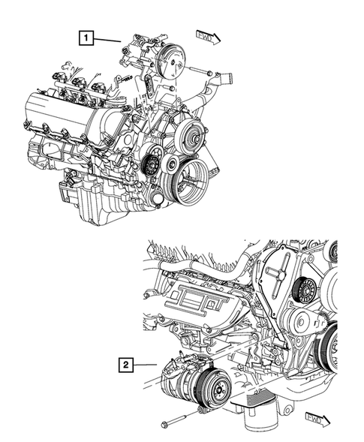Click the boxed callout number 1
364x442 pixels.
click(x=86, y=38)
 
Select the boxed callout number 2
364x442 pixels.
click(x=126, y=365)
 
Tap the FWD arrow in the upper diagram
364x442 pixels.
click(x=208, y=38)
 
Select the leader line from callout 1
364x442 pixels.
click(x=107, y=40)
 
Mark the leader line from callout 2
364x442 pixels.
click(x=145, y=365)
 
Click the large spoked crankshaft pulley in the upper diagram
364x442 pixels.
click(x=191, y=181)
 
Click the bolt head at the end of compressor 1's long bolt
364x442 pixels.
click(x=209, y=73)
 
